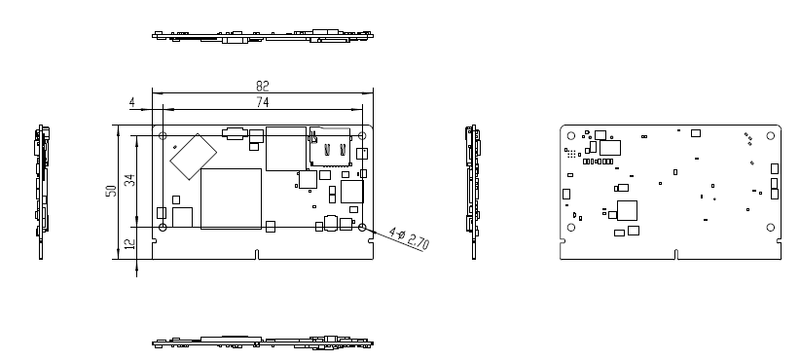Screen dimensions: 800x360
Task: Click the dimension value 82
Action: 262,86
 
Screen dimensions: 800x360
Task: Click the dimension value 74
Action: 262,102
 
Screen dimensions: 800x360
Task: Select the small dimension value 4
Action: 132,102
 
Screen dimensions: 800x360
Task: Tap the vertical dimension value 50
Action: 111,192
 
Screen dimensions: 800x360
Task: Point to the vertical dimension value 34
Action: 130,180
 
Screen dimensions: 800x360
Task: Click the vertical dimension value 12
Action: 130,244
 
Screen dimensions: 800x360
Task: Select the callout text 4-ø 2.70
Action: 409,238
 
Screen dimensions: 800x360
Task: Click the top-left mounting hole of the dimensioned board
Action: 163,135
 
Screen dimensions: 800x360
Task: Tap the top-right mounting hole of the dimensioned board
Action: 362,135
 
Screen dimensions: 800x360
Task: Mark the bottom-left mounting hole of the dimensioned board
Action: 163,227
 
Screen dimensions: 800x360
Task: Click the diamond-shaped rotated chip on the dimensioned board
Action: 193,157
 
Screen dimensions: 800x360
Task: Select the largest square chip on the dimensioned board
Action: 231,198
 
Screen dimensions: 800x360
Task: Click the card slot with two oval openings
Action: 330,147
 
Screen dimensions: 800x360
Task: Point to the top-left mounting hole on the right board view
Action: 571,135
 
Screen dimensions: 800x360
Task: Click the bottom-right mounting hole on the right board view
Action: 771,227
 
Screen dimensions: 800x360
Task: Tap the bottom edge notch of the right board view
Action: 676,255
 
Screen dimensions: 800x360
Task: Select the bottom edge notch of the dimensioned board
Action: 257,255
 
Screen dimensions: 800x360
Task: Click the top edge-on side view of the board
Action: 263,36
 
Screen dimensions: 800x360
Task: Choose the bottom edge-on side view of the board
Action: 263,342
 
